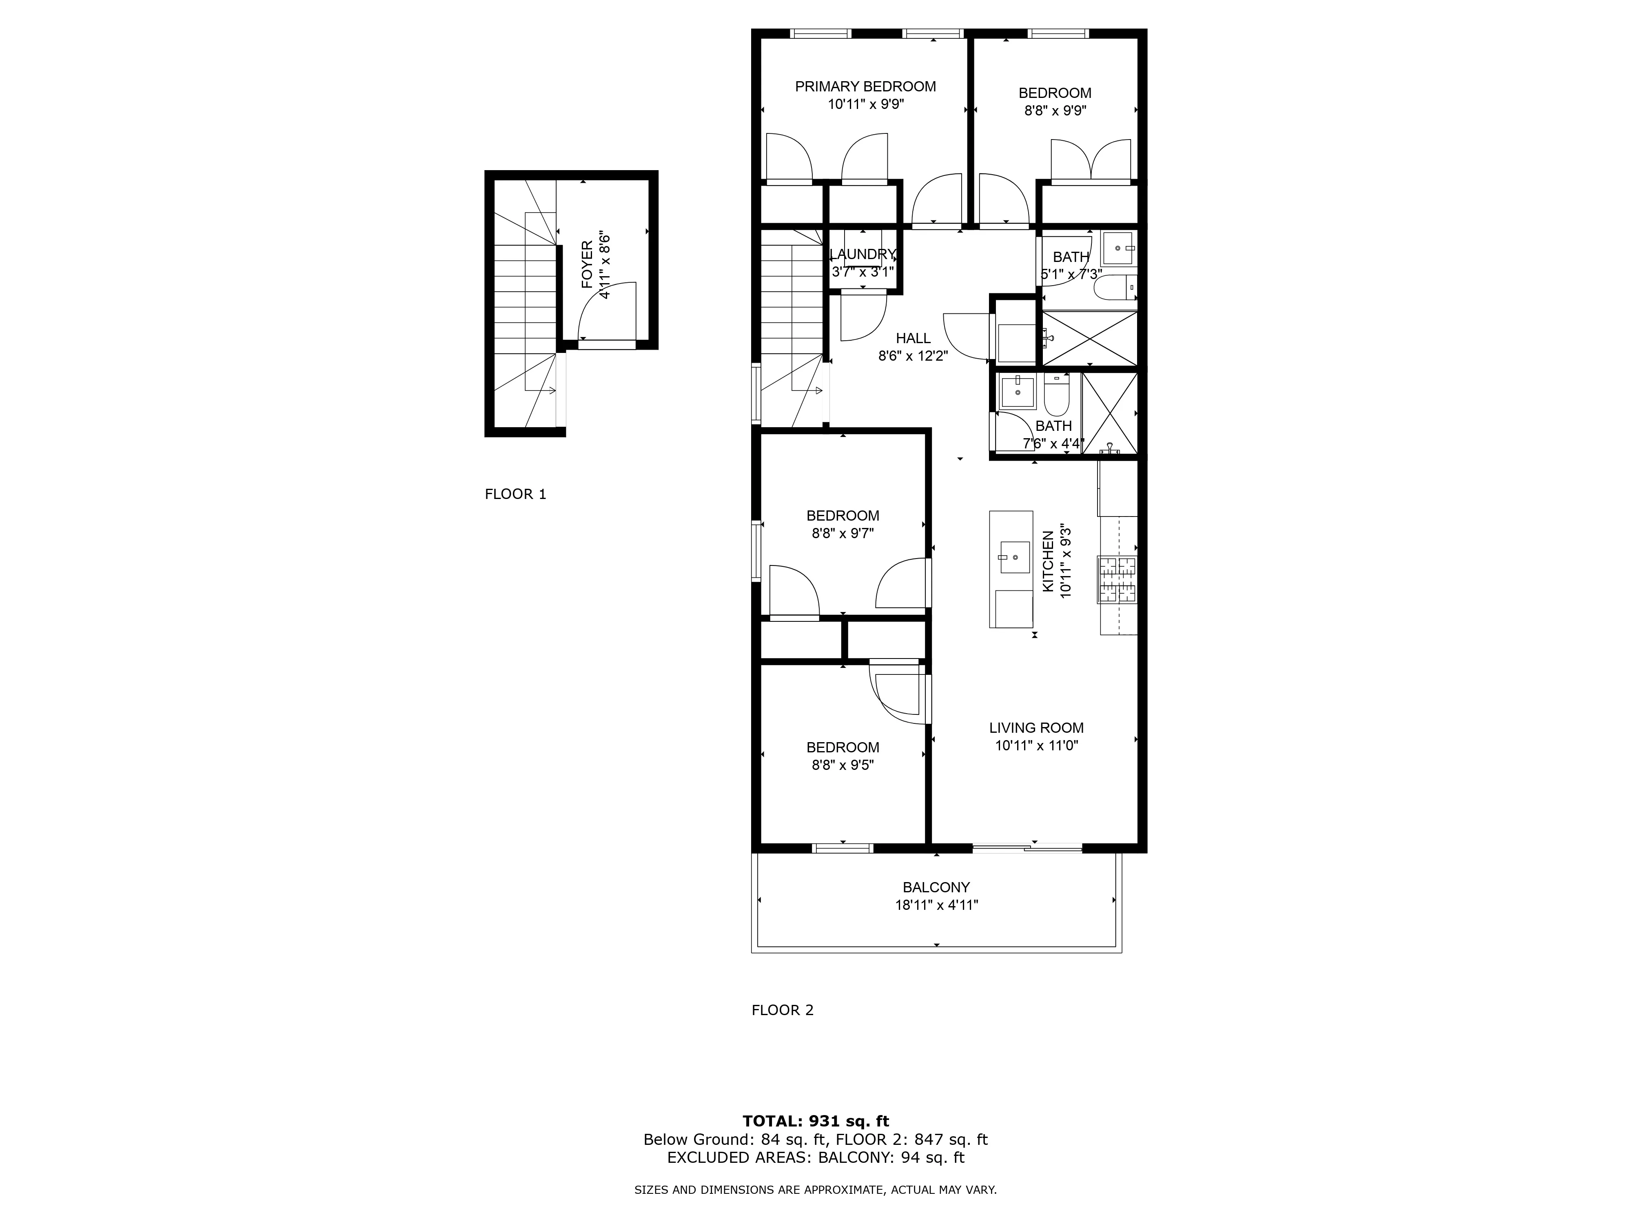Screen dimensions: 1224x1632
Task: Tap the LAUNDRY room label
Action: point(863,255)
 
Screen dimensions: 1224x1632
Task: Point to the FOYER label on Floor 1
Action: point(587,264)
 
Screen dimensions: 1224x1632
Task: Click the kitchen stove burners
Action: point(1117,580)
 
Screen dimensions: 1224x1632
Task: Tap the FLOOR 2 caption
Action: point(782,1010)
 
